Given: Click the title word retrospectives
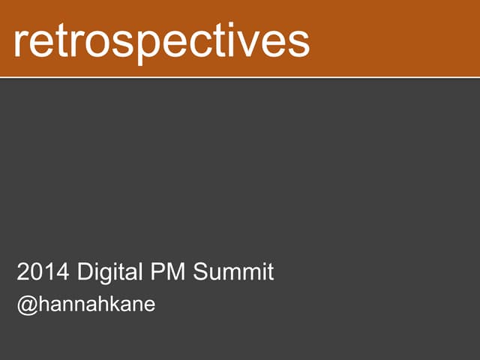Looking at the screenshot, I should (x=161, y=42).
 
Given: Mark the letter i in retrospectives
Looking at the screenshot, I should (x=238, y=40).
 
